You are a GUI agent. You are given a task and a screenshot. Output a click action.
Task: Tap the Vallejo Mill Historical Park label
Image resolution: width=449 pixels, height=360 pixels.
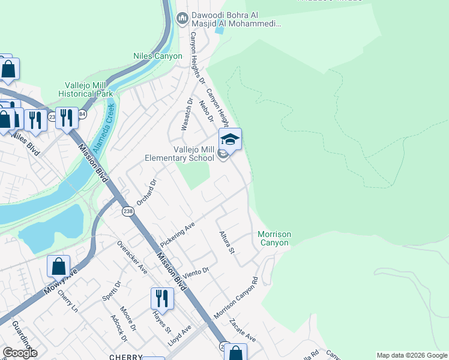pyautogui.click(x=86, y=90)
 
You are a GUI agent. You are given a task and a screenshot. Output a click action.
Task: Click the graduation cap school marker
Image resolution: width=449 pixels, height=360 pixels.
pyautogui.click(x=230, y=140)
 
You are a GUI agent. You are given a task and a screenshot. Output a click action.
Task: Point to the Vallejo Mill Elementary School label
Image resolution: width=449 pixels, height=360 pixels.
pyautogui.click(x=179, y=154)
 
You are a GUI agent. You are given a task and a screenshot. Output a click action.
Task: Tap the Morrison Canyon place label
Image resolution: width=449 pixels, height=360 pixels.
pyautogui.click(x=274, y=238)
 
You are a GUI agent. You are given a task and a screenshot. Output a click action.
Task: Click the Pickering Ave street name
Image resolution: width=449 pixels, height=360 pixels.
pyautogui.click(x=178, y=234)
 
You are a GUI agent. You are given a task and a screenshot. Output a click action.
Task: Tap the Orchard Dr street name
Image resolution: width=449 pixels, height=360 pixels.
pyautogui.click(x=146, y=192)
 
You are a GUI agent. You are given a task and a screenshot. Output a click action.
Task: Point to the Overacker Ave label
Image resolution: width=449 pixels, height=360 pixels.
pyautogui.click(x=132, y=257)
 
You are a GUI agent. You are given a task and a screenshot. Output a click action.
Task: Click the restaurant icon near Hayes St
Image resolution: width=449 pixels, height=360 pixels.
pyautogui.click(x=162, y=298)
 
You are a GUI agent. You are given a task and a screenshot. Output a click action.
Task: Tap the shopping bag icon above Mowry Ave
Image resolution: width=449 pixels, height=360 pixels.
pyautogui.click(x=58, y=266)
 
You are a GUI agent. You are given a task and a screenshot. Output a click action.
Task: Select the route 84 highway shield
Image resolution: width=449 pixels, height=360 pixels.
pyautogui.click(x=82, y=115)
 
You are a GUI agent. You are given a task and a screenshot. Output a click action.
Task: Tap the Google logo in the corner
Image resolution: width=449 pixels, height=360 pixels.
pyautogui.click(x=20, y=352)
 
